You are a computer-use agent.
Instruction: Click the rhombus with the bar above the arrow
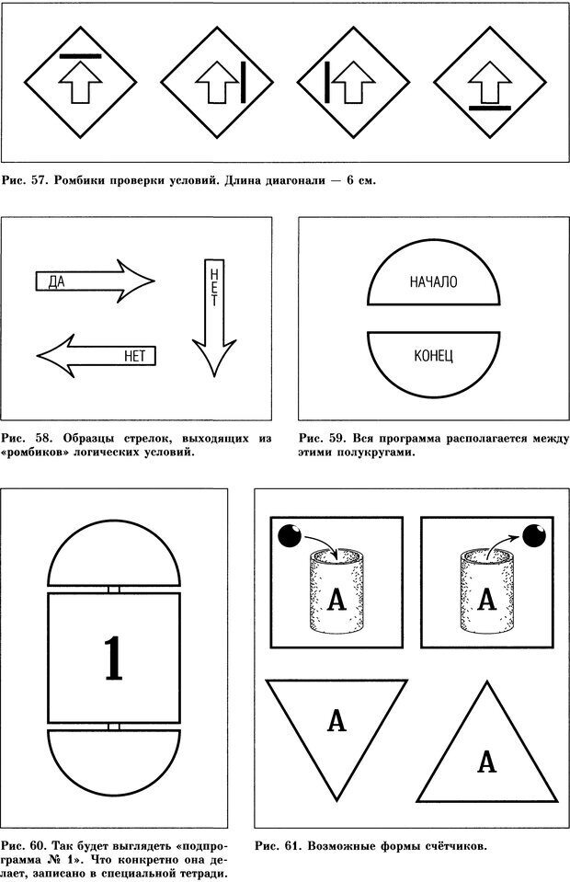80,80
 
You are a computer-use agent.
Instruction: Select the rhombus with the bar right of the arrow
218,80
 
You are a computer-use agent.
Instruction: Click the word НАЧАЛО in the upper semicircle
434,282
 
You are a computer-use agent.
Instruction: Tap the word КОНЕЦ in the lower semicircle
434,355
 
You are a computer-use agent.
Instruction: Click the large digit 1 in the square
113,659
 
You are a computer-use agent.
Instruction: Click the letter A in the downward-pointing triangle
336,722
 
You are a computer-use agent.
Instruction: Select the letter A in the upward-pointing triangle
487,762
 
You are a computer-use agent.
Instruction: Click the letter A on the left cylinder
336,599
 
